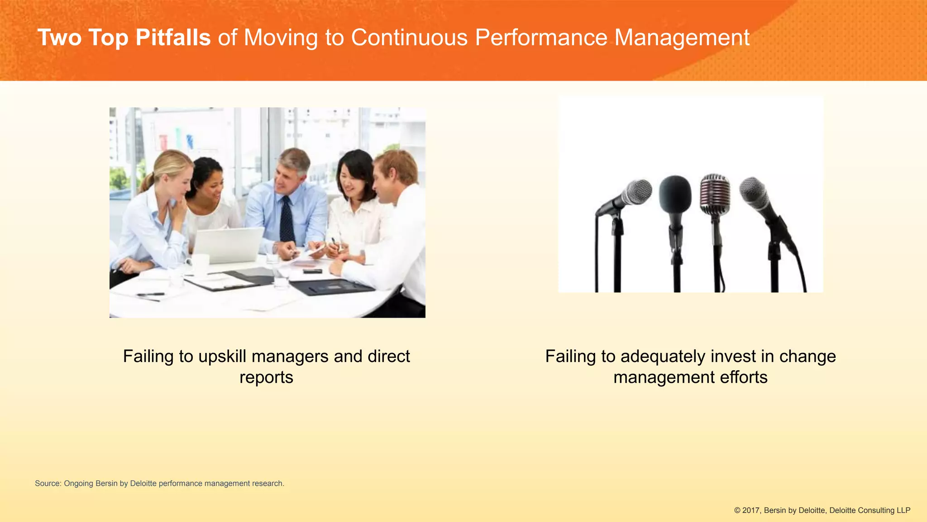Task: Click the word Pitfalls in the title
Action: (173, 38)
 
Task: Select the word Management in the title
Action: (682, 38)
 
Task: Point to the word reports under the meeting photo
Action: (266, 377)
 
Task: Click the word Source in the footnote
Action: (48, 483)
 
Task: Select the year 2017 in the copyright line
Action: (751, 510)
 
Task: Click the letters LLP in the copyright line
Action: (903, 510)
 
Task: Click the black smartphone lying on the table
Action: (312, 271)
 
